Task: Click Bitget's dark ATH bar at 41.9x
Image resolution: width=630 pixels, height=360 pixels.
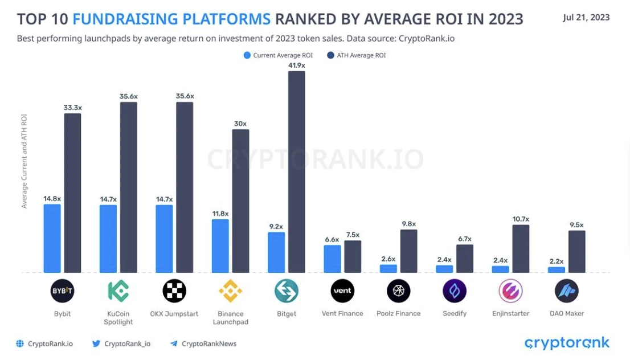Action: [296, 171]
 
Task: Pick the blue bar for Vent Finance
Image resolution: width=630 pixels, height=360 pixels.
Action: [332, 259]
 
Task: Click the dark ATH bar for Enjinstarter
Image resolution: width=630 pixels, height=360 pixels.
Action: [521, 248]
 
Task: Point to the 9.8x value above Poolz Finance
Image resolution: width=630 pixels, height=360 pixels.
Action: [408, 224]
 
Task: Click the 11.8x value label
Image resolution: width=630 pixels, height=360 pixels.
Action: [220, 214]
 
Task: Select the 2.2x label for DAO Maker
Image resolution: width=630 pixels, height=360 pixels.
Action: [557, 261]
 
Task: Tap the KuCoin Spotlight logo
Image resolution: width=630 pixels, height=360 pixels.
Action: [118, 291]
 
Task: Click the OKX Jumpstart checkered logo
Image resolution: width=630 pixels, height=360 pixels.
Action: [174, 291]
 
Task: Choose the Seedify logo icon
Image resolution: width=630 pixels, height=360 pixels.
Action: [455, 291]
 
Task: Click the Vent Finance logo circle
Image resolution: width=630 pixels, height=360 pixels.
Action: [342, 291]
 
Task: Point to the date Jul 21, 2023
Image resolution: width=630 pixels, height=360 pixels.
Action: [586, 17]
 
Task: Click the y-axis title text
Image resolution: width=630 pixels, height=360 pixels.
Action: [24, 161]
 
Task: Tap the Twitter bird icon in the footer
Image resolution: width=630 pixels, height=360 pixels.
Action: [96, 343]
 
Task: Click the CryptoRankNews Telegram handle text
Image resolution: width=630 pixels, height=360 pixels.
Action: [208, 343]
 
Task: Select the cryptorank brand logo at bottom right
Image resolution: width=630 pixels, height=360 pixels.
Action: [567, 343]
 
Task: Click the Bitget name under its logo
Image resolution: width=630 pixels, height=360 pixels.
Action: [287, 314]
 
